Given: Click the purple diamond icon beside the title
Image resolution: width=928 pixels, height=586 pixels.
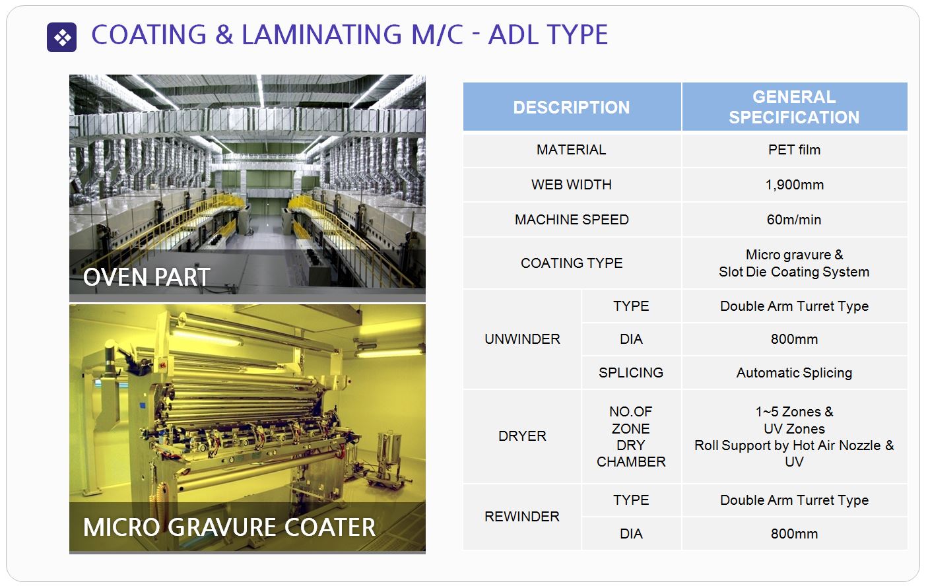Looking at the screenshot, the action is [x=62, y=37].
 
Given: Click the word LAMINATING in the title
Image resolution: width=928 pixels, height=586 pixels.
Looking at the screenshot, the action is [x=321, y=34].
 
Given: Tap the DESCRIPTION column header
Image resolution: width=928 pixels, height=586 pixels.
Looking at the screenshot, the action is [x=572, y=108].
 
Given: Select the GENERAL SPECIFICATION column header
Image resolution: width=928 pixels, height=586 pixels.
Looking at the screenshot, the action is [x=794, y=108].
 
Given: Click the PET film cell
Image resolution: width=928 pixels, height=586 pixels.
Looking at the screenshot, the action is [x=794, y=150].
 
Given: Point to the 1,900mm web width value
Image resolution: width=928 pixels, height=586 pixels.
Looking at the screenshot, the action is [x=794, y=185].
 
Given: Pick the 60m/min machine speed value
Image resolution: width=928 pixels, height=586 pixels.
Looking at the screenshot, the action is [x=794, y=220].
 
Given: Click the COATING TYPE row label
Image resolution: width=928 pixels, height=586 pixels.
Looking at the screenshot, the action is [x=572, y=263].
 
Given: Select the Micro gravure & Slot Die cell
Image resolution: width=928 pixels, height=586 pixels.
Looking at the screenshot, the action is [x=794, y=263].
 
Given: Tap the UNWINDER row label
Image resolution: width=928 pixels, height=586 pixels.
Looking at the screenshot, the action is [x=522, y=339].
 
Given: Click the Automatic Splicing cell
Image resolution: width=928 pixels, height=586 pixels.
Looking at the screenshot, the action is [x=794, y=373].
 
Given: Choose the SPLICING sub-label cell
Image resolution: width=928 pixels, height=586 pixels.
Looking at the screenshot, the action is [x=631, y=373].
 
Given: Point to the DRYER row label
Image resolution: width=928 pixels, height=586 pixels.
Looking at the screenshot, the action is [x=522, y=436].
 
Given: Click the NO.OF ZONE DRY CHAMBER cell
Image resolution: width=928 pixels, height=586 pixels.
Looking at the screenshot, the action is [x=631, y=436].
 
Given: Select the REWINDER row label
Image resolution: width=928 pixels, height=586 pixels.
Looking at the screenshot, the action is [x=522, y=517].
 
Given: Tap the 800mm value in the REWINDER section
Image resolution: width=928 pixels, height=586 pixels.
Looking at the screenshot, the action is [x=794, y=534].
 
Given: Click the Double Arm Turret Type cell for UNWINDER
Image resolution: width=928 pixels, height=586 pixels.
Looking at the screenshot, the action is [x=794, y=306].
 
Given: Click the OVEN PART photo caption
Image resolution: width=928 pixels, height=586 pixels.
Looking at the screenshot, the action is [x=147, y=277].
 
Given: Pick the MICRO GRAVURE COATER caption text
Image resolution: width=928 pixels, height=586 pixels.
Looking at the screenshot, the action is [x=229, y=527].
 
